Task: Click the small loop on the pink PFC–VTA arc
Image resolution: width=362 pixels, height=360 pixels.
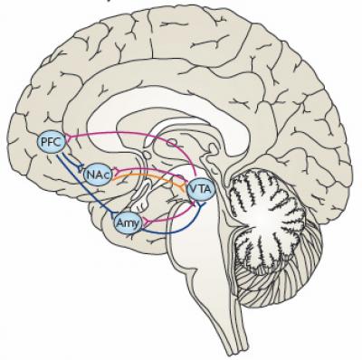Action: (x=167, y=143)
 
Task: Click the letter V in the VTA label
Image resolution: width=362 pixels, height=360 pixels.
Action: (x=194, y=188)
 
